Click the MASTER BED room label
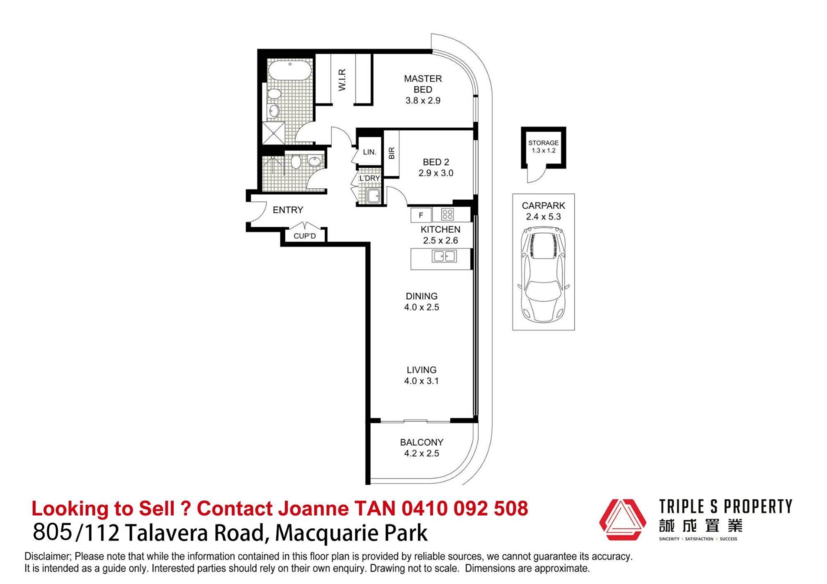coord(423,84)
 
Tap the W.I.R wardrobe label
coord(342,80)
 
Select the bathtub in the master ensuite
coord(290,69)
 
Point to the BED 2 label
coord(436,162)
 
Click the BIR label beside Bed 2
coord(392,153)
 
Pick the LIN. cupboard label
coord(370,152)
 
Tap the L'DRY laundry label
coord(370,178)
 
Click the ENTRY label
coord(288,210)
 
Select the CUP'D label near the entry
coord(305,236)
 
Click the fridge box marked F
coord(421,215)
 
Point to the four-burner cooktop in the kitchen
coord(448,214)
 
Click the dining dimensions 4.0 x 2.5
coord(422,307)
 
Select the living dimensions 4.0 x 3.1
coord(421,381)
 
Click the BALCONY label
coord(422,442)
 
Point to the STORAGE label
coord(543,143)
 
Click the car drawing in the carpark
coord(544,274)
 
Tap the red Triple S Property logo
coord(622,519)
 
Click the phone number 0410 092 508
coord(465,508)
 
